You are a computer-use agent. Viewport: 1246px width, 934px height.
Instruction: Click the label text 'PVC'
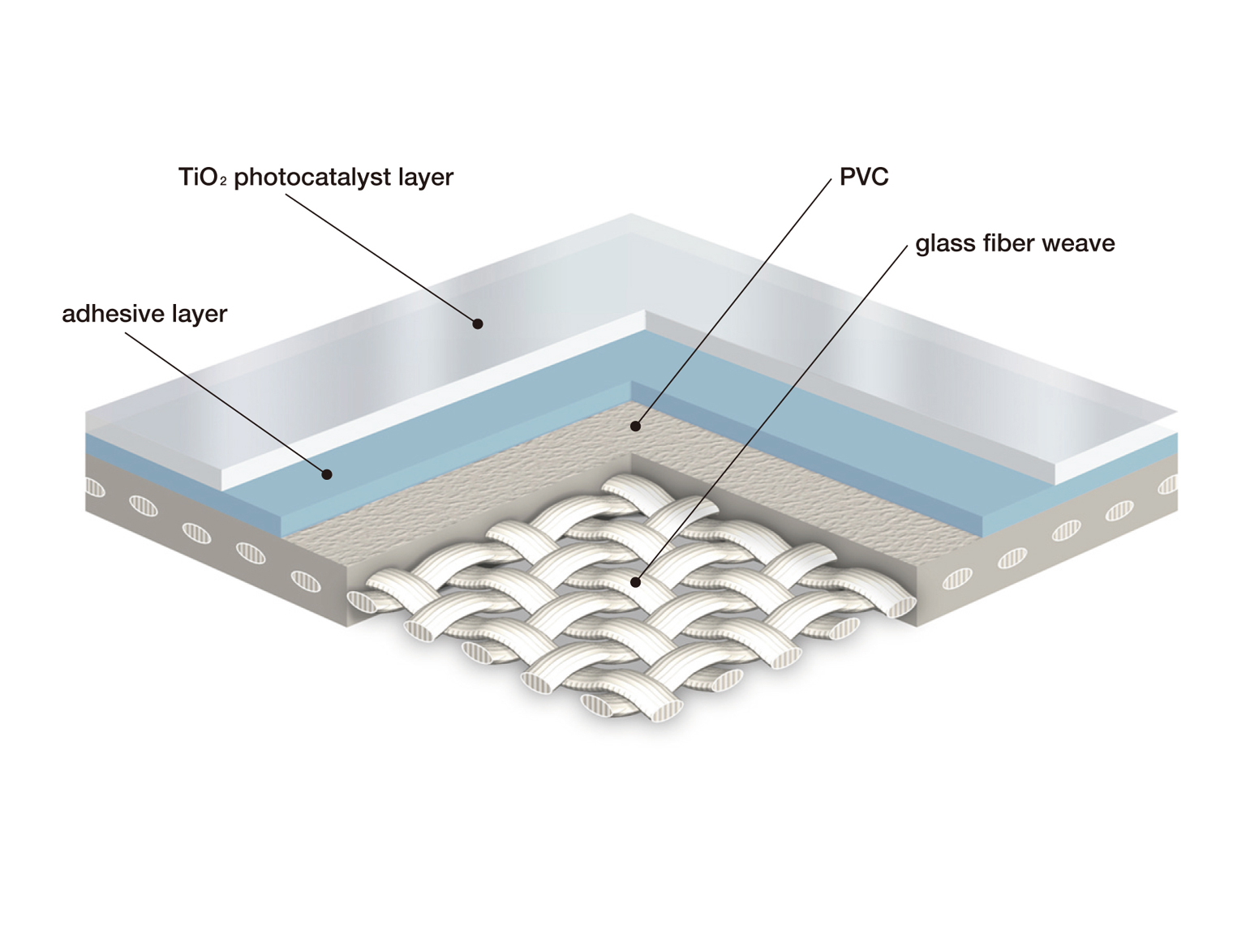[863, 177]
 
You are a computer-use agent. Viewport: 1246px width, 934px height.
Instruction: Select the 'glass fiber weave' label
[1015, 244]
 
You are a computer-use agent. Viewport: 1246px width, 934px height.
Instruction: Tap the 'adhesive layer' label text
[144, 314]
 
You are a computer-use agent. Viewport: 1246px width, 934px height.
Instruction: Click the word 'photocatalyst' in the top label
[312, 178]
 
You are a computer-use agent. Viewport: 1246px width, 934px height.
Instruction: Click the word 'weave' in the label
[1080, 245]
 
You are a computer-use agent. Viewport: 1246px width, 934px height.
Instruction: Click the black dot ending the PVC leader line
[636, 426]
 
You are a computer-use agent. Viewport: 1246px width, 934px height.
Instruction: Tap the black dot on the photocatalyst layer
[478, 323]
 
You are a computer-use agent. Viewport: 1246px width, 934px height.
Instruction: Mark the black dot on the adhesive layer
[326, 474]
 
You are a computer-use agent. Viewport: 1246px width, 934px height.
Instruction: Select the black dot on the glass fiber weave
[636, 582]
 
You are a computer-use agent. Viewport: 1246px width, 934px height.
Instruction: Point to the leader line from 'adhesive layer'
[226, 403]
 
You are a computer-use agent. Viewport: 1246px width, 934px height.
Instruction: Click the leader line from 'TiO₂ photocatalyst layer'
[381, 259]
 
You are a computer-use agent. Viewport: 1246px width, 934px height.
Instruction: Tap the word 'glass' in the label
[943, 244]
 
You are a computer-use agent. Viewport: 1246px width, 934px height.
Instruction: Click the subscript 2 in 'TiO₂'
[223, 182]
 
